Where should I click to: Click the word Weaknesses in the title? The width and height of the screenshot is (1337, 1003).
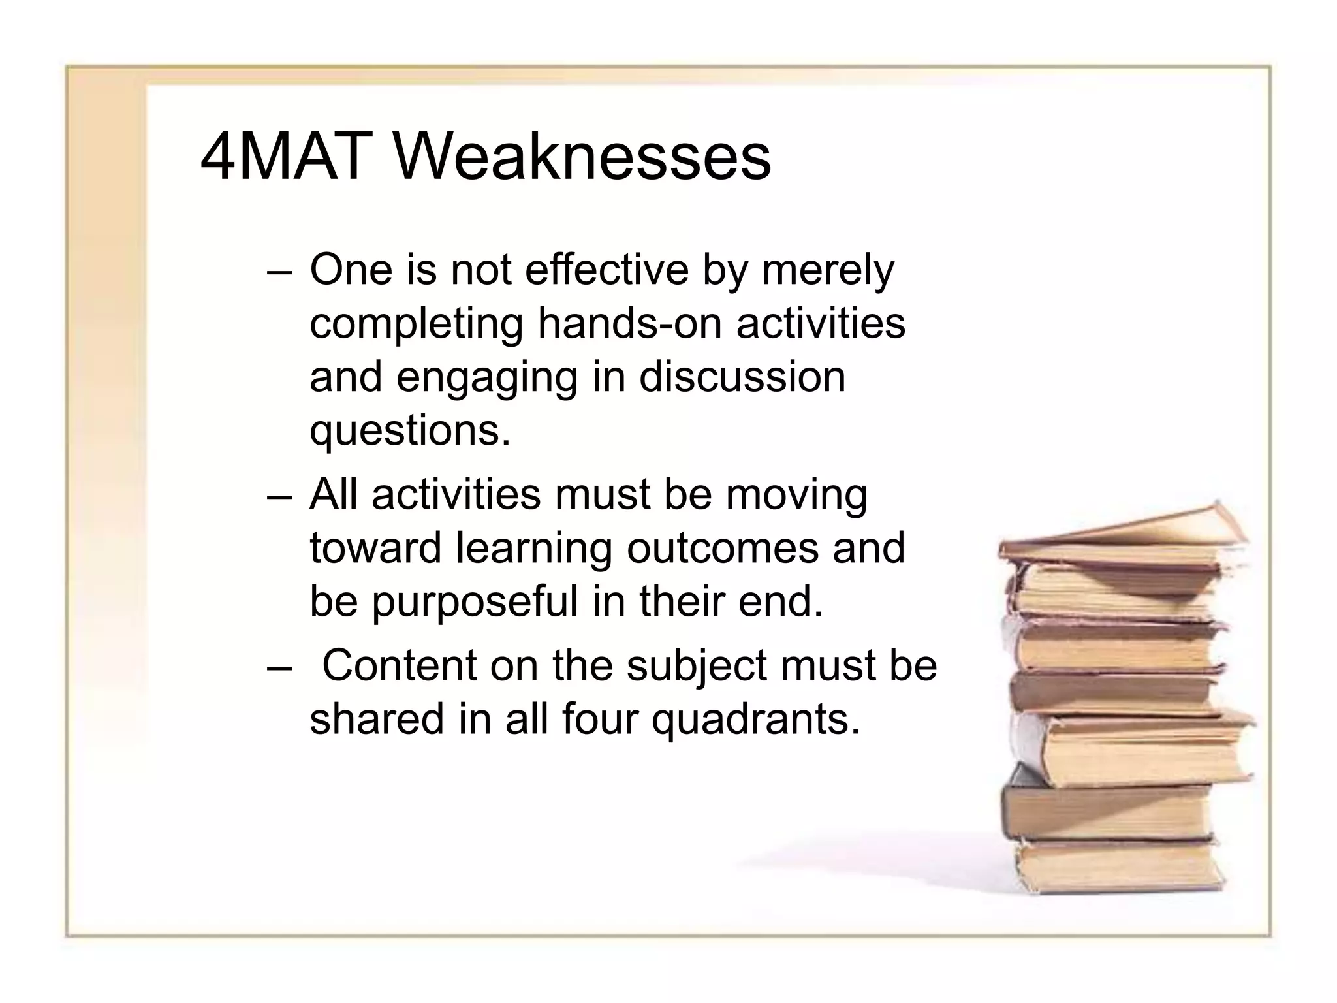point(582,157)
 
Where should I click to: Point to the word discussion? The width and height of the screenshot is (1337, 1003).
point(742,377)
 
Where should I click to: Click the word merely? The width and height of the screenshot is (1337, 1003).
point(828,270)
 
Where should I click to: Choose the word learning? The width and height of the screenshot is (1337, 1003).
point(533,549)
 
